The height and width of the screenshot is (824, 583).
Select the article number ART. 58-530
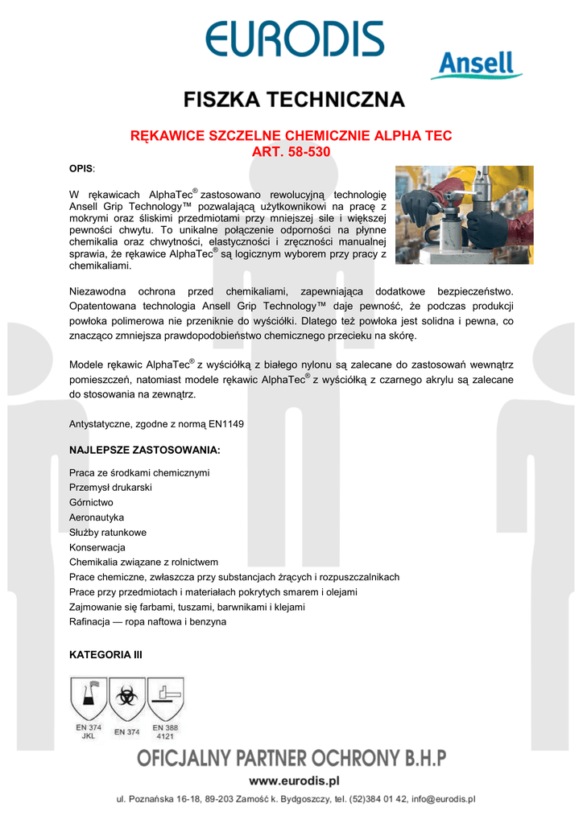click(x=291, y=150)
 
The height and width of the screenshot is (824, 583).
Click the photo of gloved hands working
click(x=464, y=215)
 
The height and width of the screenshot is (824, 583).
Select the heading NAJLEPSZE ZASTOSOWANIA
click(x=145, y=449)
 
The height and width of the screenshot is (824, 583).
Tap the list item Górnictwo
click(x=91, y=502)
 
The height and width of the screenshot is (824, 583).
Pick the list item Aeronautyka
click(x=97, y=517)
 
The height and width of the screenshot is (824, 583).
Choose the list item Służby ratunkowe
click(x=108, y=533)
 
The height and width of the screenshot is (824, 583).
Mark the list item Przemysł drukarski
click(x=111, y=488)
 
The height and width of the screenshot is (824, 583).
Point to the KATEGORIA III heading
click(x=106, y=655)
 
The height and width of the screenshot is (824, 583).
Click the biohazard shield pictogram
click(x=126, y=698)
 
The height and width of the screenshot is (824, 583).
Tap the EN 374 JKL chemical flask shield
click(x=89, y=698)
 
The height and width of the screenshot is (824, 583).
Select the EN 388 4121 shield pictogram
click(x=165, y=698)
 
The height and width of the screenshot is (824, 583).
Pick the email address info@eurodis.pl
click(x=444, y=800)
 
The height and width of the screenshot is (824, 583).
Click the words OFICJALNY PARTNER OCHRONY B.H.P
click(x=291, y=758)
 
